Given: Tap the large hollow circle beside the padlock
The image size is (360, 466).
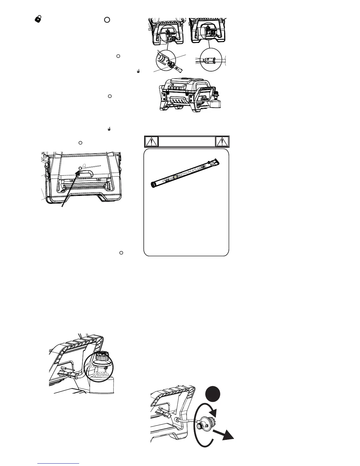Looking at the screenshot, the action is coord(107,19).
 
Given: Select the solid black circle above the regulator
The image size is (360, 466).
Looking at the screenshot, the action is coord(213,394).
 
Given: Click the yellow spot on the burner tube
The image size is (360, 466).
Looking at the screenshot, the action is coord(175,177).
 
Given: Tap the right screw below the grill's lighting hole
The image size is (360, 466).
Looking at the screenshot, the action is coord(98,180).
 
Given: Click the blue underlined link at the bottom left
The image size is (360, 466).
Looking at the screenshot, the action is coord(59,463).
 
